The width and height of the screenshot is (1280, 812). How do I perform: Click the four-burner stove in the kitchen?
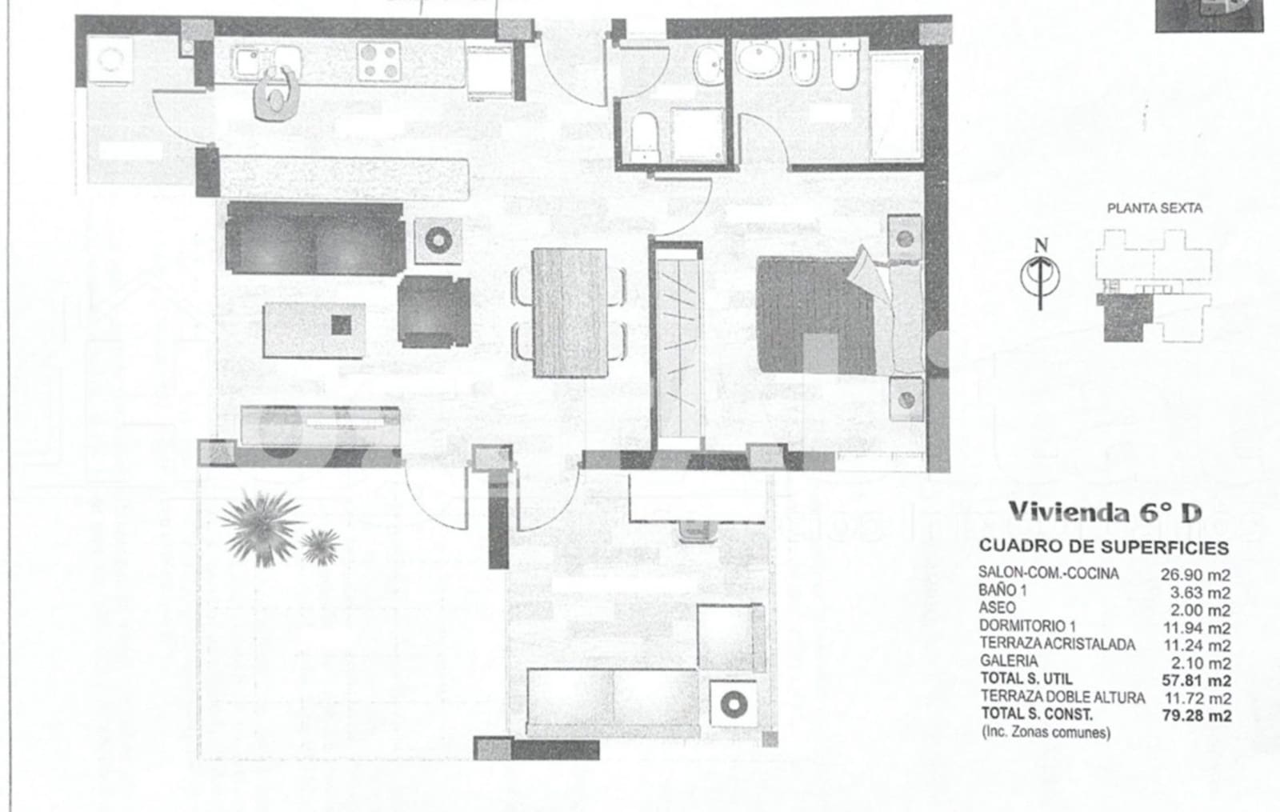coord(379,62)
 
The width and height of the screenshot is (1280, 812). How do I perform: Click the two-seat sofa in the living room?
coord(314,238)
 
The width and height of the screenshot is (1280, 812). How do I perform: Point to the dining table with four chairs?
coord(569,312)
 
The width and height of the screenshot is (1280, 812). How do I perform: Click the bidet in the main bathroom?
coord(803,63)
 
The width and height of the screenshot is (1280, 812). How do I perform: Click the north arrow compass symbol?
coord(1040,274)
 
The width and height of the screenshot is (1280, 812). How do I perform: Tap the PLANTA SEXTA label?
coord(1154,208)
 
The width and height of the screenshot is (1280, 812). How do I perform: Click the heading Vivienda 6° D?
coord(1104,512)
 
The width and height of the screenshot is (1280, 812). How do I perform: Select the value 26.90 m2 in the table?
coord(1194,574)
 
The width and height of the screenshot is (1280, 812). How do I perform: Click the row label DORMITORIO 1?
coord(1021,626)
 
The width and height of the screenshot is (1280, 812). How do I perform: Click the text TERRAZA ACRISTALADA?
coord(1057,644)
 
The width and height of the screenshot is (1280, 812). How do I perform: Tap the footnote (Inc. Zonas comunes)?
coord(1045,732)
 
